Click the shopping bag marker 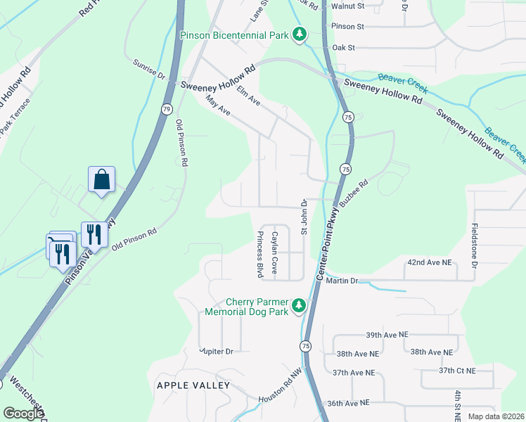102,179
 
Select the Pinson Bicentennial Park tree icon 300,34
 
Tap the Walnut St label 349,6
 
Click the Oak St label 343,47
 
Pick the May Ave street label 218,106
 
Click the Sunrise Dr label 148,69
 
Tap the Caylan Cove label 275,253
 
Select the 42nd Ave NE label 428,262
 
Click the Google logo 23,414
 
